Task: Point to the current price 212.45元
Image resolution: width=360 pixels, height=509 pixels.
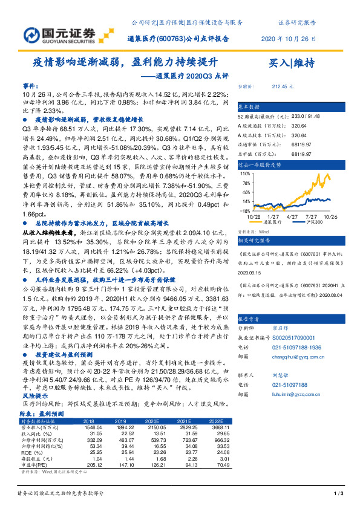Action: pyautogui.click(x=283, y=86)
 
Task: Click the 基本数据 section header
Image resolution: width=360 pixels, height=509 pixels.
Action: pyautogui.click(x=249, y=106)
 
